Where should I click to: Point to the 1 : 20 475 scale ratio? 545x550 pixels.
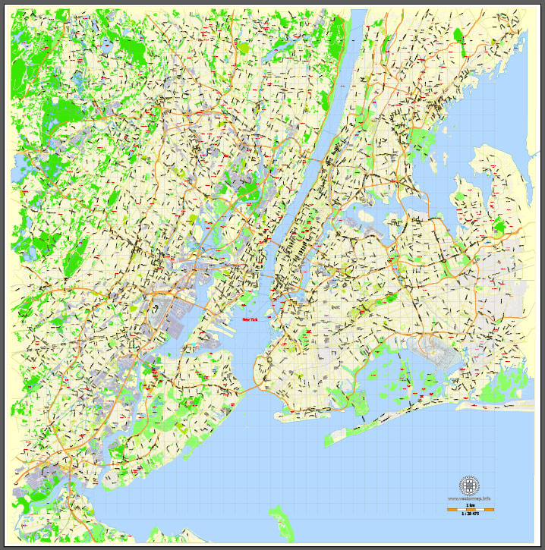point(470,514)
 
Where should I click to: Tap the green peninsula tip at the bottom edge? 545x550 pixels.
point(282,524)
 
